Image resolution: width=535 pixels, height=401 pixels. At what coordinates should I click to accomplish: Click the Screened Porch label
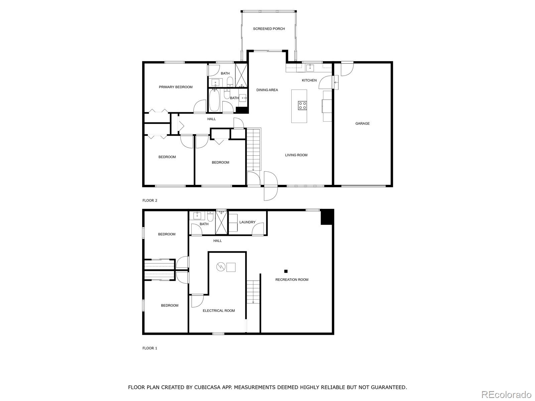tap(269, 29)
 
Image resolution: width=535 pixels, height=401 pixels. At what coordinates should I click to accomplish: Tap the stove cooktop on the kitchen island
tap(302, 106)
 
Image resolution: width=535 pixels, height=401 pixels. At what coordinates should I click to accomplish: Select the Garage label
tap(362, 124)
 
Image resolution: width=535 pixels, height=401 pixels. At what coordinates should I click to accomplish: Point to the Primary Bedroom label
tap(176, 87)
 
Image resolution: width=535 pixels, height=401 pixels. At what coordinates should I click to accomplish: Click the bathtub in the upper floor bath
tap(214, 100)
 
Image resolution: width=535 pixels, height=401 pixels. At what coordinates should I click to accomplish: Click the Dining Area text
tap(267, 90)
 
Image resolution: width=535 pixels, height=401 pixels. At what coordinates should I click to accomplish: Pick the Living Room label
tap(296, 155)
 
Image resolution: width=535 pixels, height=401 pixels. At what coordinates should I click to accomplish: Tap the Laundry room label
tap(247, 222)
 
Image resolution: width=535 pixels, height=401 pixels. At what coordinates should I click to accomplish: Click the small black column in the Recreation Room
tap(286, 271)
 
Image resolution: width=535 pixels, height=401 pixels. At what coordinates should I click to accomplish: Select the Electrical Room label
tap(219, 311)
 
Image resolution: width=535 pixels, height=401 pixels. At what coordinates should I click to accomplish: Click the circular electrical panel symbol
tap(220, 267)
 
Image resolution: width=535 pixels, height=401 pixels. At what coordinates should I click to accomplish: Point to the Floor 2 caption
tap(150, 200)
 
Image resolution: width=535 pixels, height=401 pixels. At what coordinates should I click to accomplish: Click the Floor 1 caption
tap(150, 348)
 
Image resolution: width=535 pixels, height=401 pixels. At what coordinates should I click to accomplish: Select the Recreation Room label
tap(292, 280)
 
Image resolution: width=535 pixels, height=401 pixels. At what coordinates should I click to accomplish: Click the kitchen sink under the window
tap(310, 68)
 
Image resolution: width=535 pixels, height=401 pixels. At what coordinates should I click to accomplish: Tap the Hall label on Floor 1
tap(217, 241)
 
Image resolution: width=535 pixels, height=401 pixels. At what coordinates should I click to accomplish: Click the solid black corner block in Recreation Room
tap(327, 217)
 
